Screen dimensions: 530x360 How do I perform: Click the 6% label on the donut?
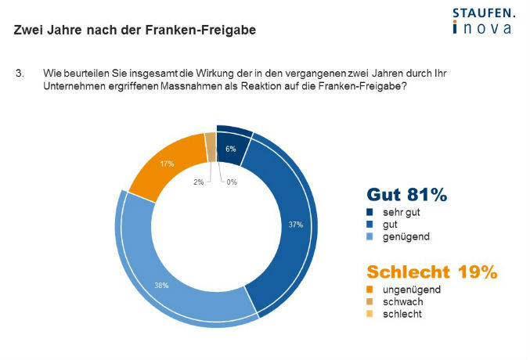pyautogui.click(x=231, y=149)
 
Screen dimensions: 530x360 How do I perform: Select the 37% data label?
pyautogui.click(x=296, y=225)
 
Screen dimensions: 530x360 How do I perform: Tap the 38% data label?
pyautogui.click(x=161, y=286)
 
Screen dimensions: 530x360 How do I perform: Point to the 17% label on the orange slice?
pyautogui.click(x=167, y=164)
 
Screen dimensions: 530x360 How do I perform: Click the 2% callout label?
pyautogui.click(x=198, y=182)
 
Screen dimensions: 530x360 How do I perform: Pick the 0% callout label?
pyautogui.click(x=232, y=182)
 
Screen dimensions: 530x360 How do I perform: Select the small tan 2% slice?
pyautogui.click(x=211, y=147)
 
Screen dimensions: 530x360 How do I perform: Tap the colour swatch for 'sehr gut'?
pyautogui.click(x=370, y=212)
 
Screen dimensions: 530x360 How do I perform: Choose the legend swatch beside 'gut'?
pyautogui.click(x=370, y=225)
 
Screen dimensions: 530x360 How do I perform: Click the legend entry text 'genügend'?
pyautogui.click(x=406, y=236)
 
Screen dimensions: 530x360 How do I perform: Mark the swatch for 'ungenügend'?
pyautogui.click(x=370, y=290)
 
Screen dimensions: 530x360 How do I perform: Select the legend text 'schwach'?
pyautogui.click(x=403, y=302)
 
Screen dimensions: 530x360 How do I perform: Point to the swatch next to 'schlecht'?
pyautogui.click(x=370, y=314)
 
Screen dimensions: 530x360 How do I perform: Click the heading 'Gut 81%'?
pyautogui.click(x=407, y=195)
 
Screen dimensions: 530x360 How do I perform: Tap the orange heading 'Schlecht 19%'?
pyautogui.click(x=432, y=272)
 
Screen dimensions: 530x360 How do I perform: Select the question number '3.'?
pyautogui.click(x=20, y=74)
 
